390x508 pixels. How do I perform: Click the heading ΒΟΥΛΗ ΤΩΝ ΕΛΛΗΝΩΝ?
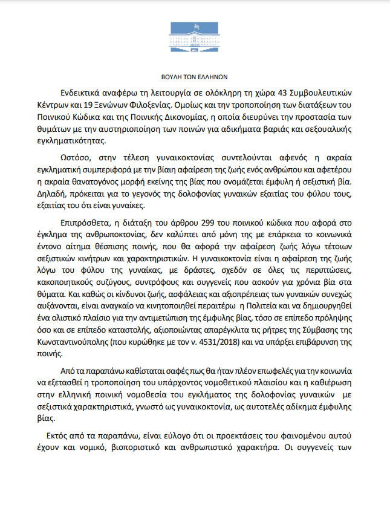pyautogui.click(x=195, y=77)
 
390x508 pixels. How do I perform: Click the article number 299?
pyautogui.click(x=199, y=223)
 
